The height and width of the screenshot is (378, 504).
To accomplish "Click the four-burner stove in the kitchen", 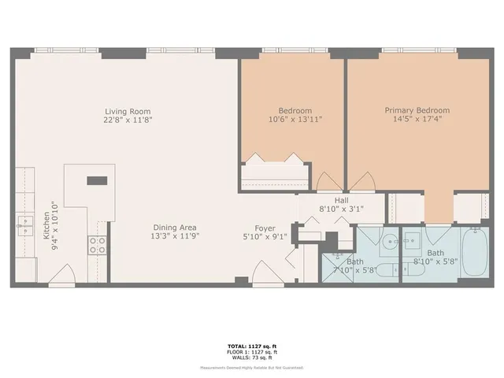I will tap(98, 245).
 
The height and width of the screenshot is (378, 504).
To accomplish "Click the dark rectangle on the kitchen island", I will tap(97, 180).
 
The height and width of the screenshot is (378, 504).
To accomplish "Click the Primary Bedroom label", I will tap(417, 111).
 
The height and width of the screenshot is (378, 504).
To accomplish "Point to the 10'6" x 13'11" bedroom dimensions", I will tap(295, 120).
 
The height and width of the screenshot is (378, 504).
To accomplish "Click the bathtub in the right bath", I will tap(476, 252).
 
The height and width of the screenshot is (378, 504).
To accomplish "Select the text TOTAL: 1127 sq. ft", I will tap(251, 346).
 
